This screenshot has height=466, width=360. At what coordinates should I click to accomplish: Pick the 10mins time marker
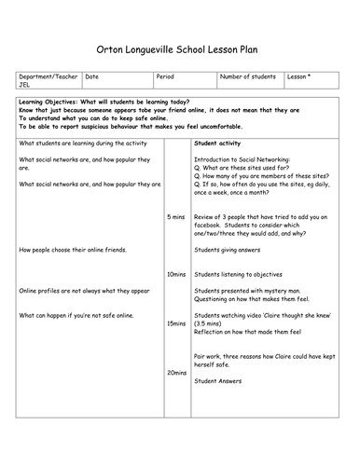pos(175,275)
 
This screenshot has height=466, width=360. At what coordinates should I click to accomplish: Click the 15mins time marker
pos(175,323)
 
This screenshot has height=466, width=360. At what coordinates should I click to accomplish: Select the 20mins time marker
pos(175,373)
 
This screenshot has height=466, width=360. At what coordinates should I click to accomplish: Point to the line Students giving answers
pos(229,251)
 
